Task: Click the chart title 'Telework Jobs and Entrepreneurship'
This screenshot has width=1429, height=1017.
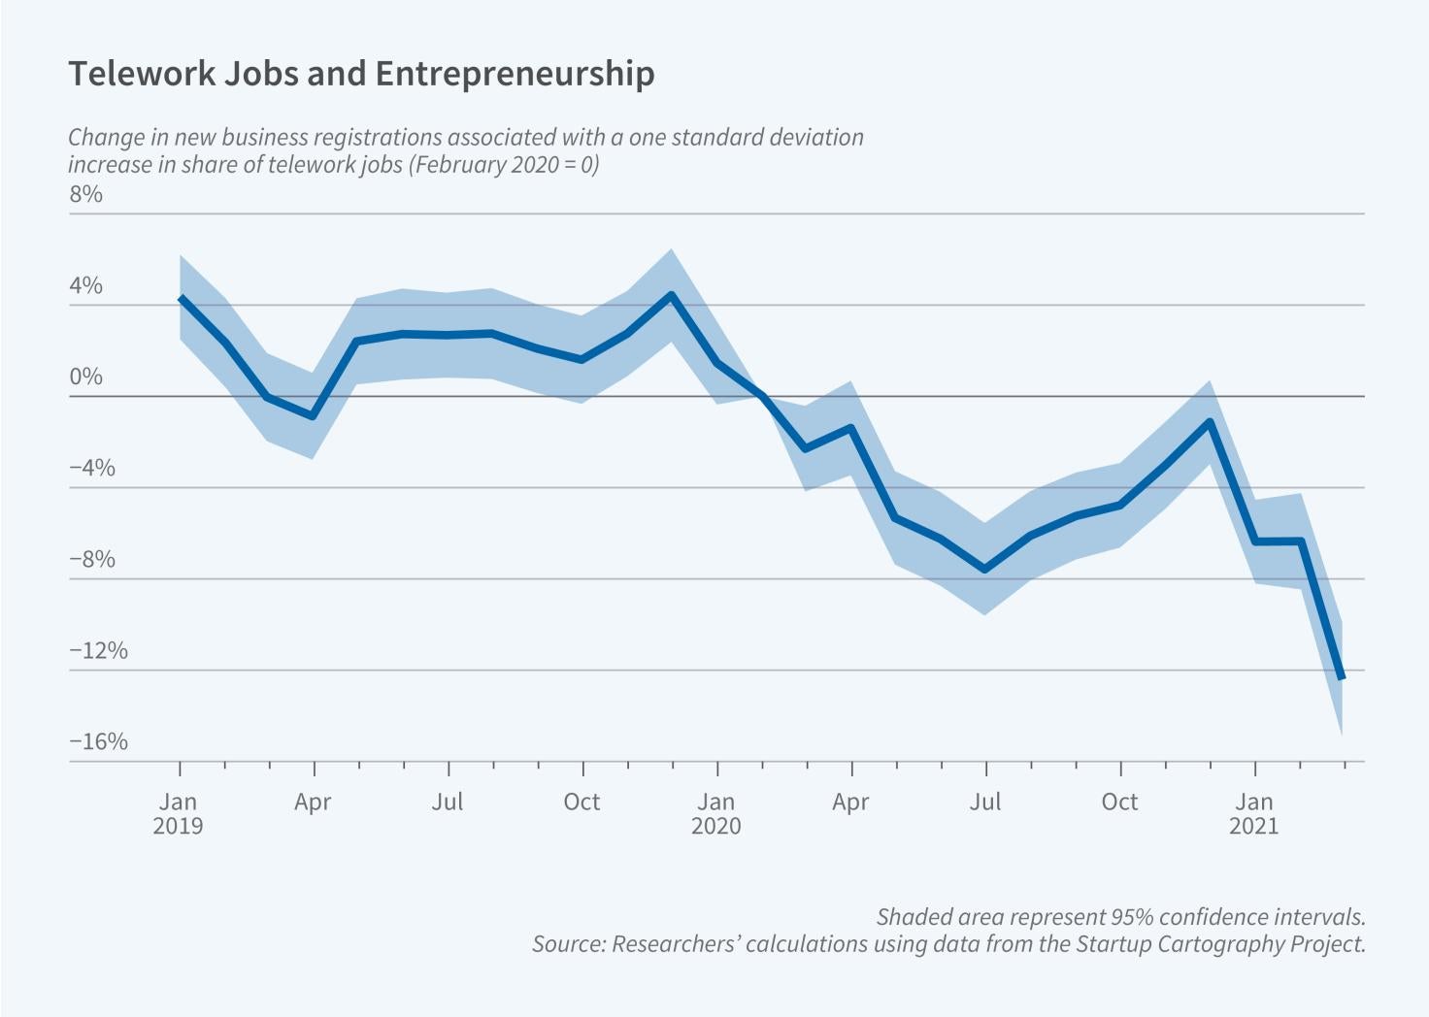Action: point(360,74)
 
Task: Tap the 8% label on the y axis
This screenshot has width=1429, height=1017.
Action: point(85,194)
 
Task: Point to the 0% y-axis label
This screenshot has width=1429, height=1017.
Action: point(85,377)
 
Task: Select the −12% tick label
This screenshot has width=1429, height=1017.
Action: point(98,650)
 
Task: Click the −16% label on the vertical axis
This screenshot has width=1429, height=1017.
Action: point(98,741)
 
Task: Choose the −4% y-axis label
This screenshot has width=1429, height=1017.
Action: point(91,468)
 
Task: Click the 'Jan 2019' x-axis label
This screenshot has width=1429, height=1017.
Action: point(179,813)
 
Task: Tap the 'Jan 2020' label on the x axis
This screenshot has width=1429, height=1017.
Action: point(716,813)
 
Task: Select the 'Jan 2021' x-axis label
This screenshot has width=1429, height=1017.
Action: point(1254,813)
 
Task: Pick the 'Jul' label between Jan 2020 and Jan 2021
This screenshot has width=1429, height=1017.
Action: point(985,802)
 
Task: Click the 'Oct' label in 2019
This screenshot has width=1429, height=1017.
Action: point(582,802)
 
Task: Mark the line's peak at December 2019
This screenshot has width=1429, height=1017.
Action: point(672,294)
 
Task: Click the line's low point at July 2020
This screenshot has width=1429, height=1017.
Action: point(985,570)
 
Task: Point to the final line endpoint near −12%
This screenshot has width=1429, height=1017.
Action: point(1342,677)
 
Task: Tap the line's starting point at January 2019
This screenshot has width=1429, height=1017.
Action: point(181,298)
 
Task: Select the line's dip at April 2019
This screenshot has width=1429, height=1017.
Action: point(314,416)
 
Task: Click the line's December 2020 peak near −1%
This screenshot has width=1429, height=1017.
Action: point(1210,422)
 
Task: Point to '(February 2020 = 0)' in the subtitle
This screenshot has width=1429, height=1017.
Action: point(503,164)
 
